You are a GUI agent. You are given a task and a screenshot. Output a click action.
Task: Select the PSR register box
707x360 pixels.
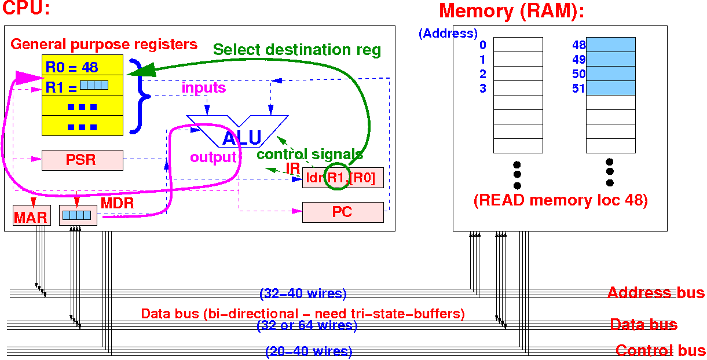[82, 160]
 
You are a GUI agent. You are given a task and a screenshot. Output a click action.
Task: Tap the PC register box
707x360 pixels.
[343, 212]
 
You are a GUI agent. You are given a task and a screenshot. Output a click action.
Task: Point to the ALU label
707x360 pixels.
[242, 138]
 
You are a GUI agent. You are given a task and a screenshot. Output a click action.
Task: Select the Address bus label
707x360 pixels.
[655, 293]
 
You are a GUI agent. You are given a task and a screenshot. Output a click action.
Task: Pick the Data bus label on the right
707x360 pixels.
[643, 325]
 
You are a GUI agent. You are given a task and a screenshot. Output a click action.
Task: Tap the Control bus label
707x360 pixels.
[660, 351]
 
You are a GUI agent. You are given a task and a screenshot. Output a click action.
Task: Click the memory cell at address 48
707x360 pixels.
[610, 45]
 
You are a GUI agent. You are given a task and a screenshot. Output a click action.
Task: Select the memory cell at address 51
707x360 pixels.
[610, 88]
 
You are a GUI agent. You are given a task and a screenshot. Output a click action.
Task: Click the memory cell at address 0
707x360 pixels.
[518, 45]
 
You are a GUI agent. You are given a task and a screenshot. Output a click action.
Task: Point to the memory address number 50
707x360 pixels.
[578, 74]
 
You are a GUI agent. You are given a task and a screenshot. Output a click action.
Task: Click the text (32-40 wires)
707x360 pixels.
[303, 294]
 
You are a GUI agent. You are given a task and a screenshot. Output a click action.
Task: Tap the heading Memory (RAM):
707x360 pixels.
[511, 11]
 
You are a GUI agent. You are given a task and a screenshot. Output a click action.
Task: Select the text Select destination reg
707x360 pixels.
[297, 50]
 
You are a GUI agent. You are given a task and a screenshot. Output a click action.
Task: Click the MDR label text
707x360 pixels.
[118, 204]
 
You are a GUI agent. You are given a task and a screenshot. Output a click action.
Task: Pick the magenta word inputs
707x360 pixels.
[204, 88]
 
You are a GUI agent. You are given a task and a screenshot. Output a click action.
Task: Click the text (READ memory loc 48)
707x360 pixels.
[560, 201]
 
